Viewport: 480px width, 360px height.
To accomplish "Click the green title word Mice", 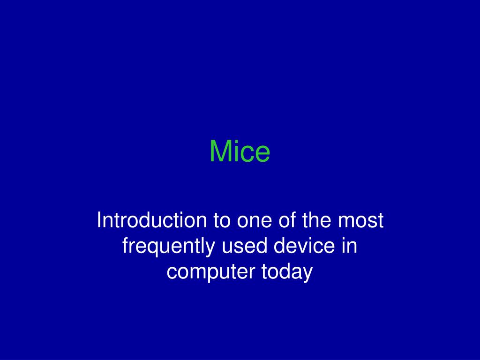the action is [x=240, y=151].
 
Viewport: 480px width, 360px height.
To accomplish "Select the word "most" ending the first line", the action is [x=360, y=221].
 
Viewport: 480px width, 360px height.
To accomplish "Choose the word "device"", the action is [x=304, y=246].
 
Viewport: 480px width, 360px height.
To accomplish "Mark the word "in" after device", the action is [x=349, y=246].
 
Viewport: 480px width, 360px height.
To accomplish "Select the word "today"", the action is [x=287, y=272].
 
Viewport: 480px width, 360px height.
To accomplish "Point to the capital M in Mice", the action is [x=219, y=151].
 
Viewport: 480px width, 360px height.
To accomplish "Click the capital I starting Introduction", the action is [x=98, y=220].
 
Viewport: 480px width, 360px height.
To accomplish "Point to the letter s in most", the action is [x=371, y=223].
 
